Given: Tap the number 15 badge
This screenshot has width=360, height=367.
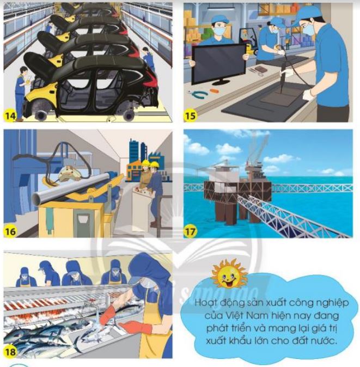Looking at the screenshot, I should pos(190,115).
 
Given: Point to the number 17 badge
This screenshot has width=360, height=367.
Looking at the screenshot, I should pos(190,231).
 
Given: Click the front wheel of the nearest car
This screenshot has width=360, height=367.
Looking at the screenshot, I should pos(129,114).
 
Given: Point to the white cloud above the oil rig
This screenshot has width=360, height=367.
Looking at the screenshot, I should pos(229,148).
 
